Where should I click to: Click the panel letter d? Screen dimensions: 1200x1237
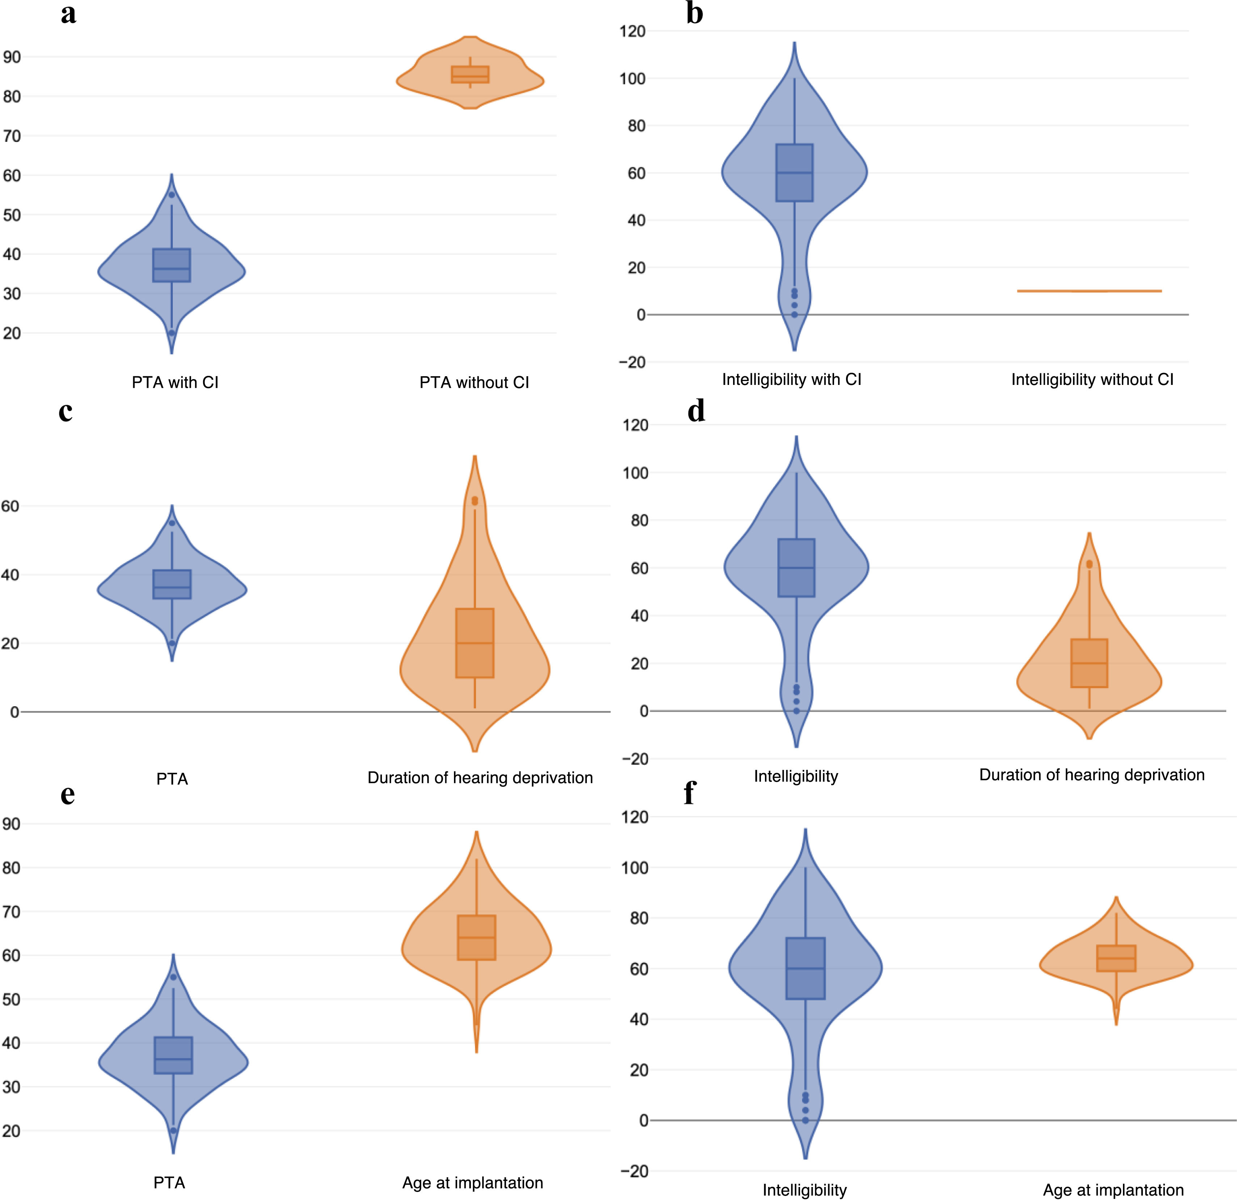pos(696,411)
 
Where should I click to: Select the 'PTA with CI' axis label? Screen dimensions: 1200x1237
pos(175,382)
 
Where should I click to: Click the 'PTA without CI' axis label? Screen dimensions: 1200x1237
pos(474,382)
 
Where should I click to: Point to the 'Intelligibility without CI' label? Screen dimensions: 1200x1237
pos(1092,379)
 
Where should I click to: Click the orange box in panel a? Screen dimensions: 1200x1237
pos(470,75)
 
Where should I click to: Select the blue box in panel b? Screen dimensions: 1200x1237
pos(794,173)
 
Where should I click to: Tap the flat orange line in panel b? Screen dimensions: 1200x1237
pos(1089,291)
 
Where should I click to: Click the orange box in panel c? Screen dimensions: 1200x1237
pos(475,643)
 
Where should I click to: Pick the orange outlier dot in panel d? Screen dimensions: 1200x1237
pos(1089,565)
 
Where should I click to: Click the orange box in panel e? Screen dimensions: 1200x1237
pos(476,937)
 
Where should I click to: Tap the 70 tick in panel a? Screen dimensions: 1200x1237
pos(12,136)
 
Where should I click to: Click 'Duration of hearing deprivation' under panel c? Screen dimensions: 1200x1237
pos(480,778)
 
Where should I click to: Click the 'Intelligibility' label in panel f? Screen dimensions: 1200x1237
pos(805,1190)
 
